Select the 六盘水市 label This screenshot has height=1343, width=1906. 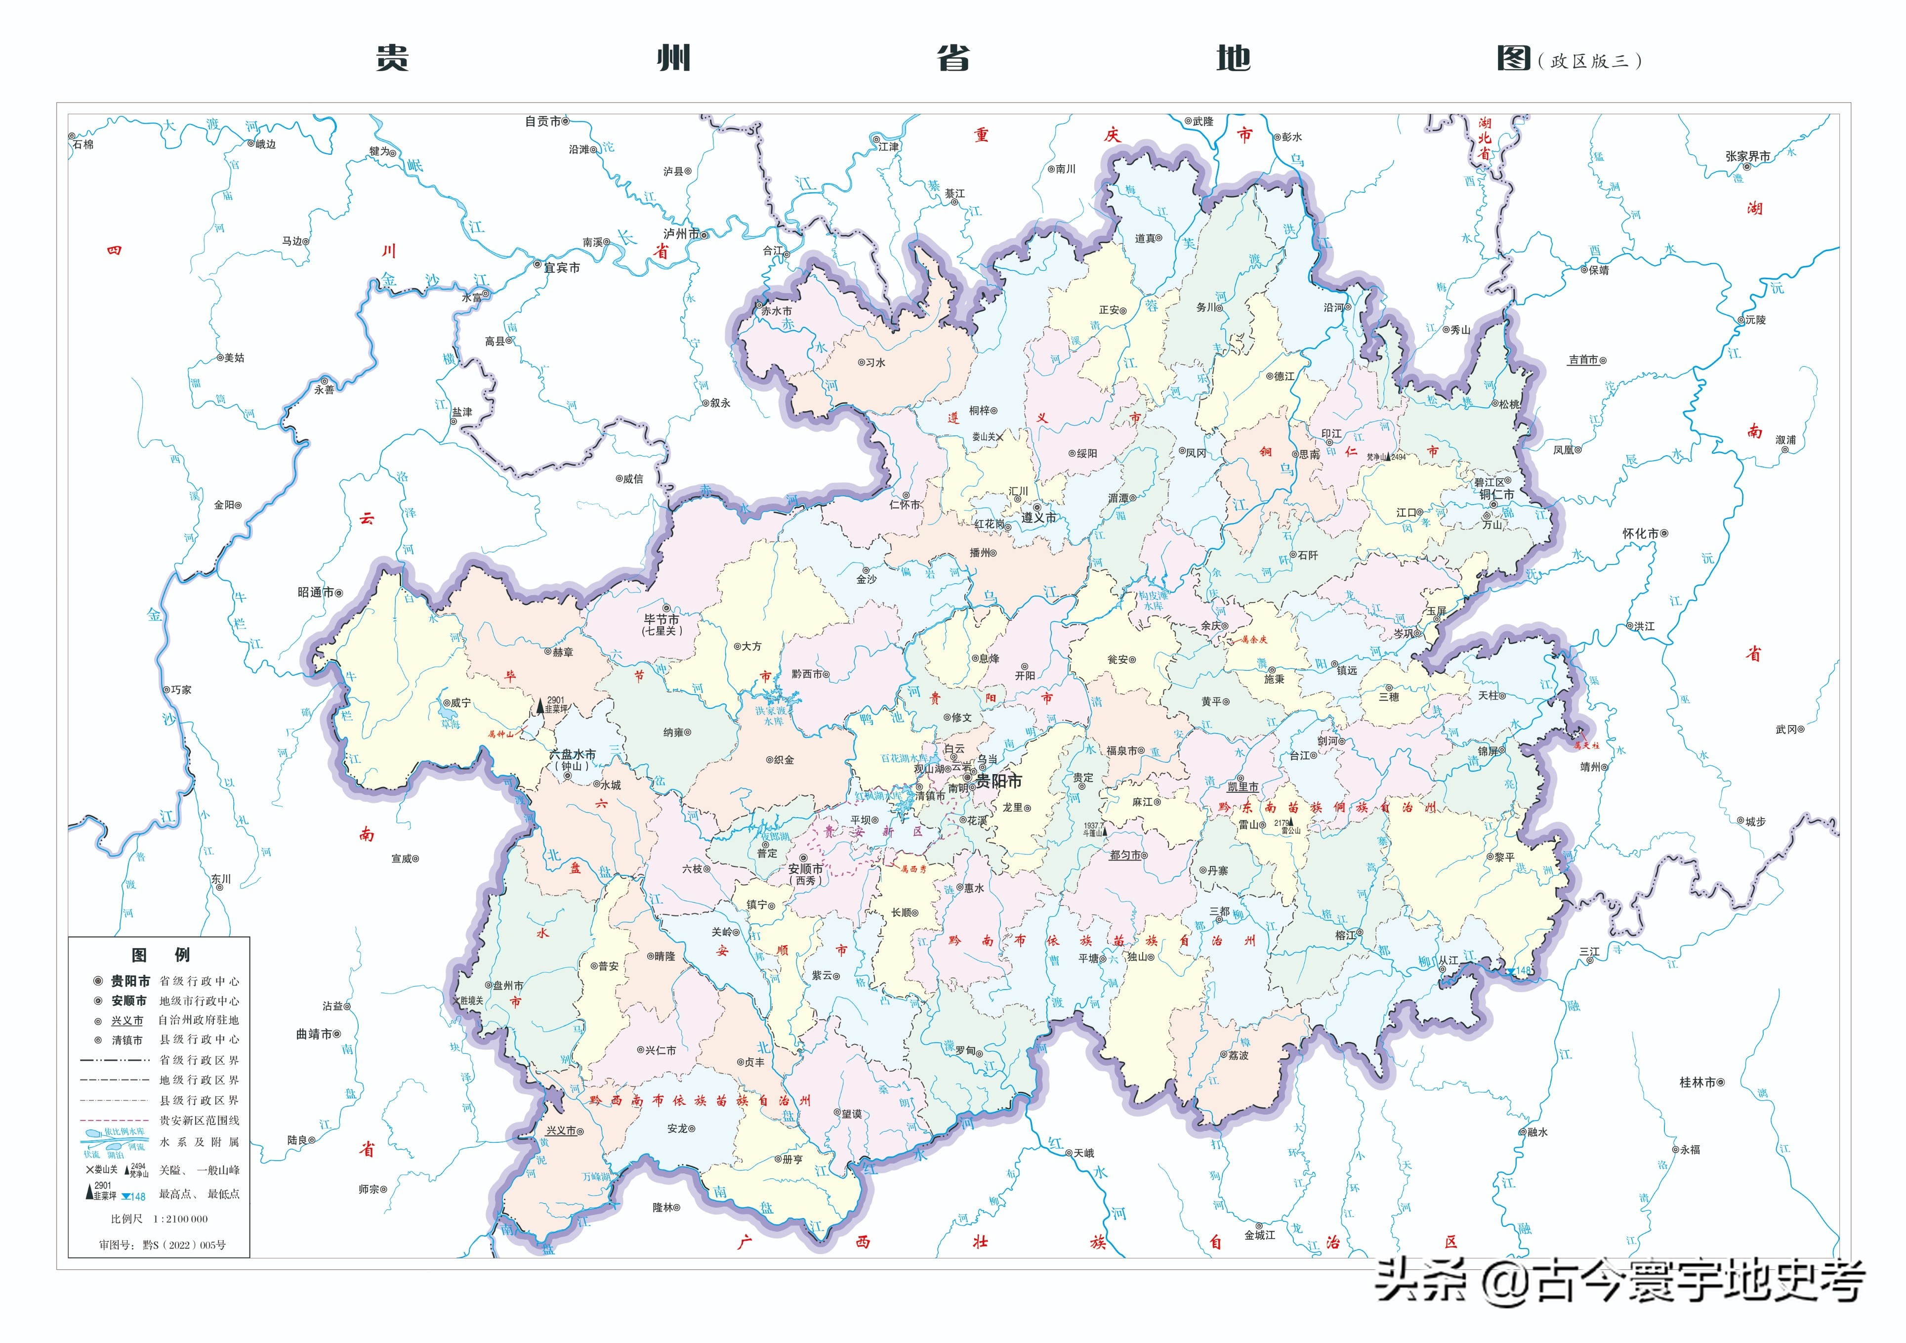572,754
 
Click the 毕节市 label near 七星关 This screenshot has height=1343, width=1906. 662,619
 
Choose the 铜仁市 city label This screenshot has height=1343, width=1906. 1497,495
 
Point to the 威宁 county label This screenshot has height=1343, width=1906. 461,703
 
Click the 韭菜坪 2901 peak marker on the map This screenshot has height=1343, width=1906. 540,706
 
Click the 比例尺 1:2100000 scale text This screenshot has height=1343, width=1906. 160,1218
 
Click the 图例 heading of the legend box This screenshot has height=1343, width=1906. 160,954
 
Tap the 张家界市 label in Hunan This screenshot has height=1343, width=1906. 1747,156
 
